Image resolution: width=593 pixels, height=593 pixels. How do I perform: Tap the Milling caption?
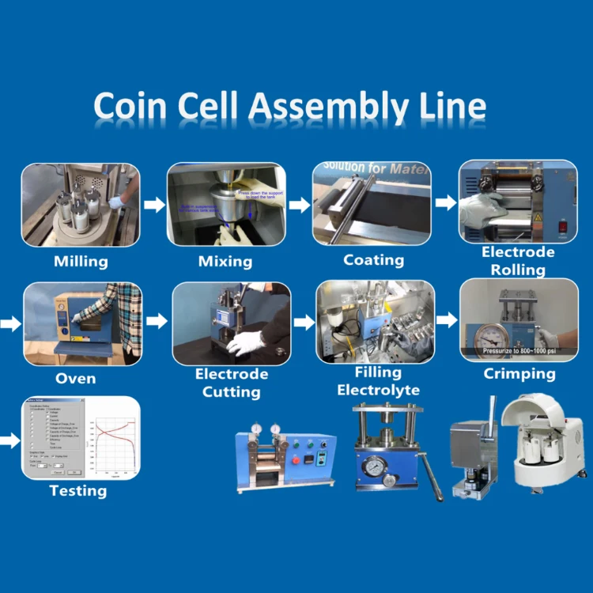coord(81,261)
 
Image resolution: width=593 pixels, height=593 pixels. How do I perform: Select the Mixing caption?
coord(225,261)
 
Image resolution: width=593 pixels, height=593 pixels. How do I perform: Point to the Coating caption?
coord(373,260)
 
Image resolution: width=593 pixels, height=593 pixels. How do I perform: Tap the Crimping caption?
coord(519,373)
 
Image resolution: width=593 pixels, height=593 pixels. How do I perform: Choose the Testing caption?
coord(77,491)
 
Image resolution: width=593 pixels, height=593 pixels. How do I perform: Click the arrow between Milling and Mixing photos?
coord(154,205)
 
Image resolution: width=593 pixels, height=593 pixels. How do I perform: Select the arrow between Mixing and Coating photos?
coord(300,206)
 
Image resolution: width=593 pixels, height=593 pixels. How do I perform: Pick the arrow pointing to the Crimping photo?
coord(447,320)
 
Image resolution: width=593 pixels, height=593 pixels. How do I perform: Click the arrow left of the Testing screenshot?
coord(9,440)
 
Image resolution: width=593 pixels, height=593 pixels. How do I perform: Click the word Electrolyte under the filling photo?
coord(378,390)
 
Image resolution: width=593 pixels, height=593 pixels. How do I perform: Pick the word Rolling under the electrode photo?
coord(518,270)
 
